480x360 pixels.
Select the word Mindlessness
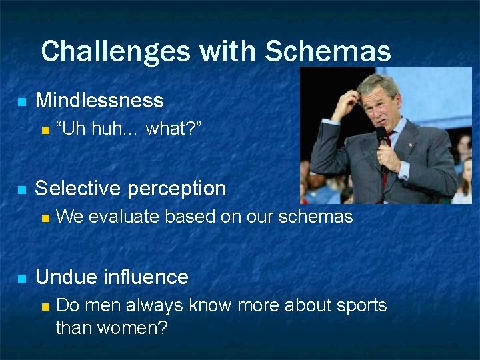[99, 101]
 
